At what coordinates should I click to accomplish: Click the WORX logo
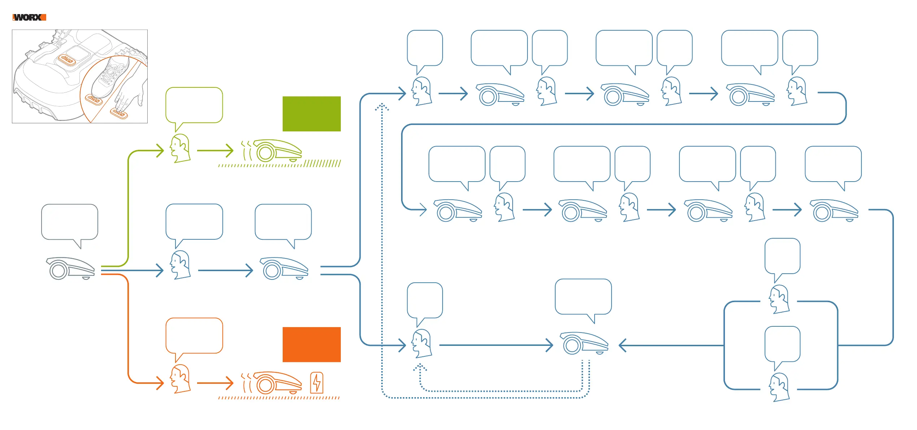tap(29, 17)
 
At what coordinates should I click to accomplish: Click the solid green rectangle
tap(311, 114)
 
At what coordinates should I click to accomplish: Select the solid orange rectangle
tap(311, 344)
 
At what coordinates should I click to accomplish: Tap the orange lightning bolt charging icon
tap(317, 383)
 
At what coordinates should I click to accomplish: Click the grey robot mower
tap(70, 269)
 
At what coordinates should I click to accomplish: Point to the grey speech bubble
tap(70, 222)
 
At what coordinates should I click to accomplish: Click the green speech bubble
tap(194, 105)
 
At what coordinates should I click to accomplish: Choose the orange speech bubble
tap(194, 335)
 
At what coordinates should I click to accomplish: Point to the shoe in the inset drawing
tap(110, 77)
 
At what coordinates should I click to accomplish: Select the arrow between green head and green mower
tap(215, 151)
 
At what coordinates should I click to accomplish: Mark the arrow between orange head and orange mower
tap(215, 383)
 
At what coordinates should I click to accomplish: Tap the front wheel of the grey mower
tap(58, 270)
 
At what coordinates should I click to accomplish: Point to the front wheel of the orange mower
tap(265, 385)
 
